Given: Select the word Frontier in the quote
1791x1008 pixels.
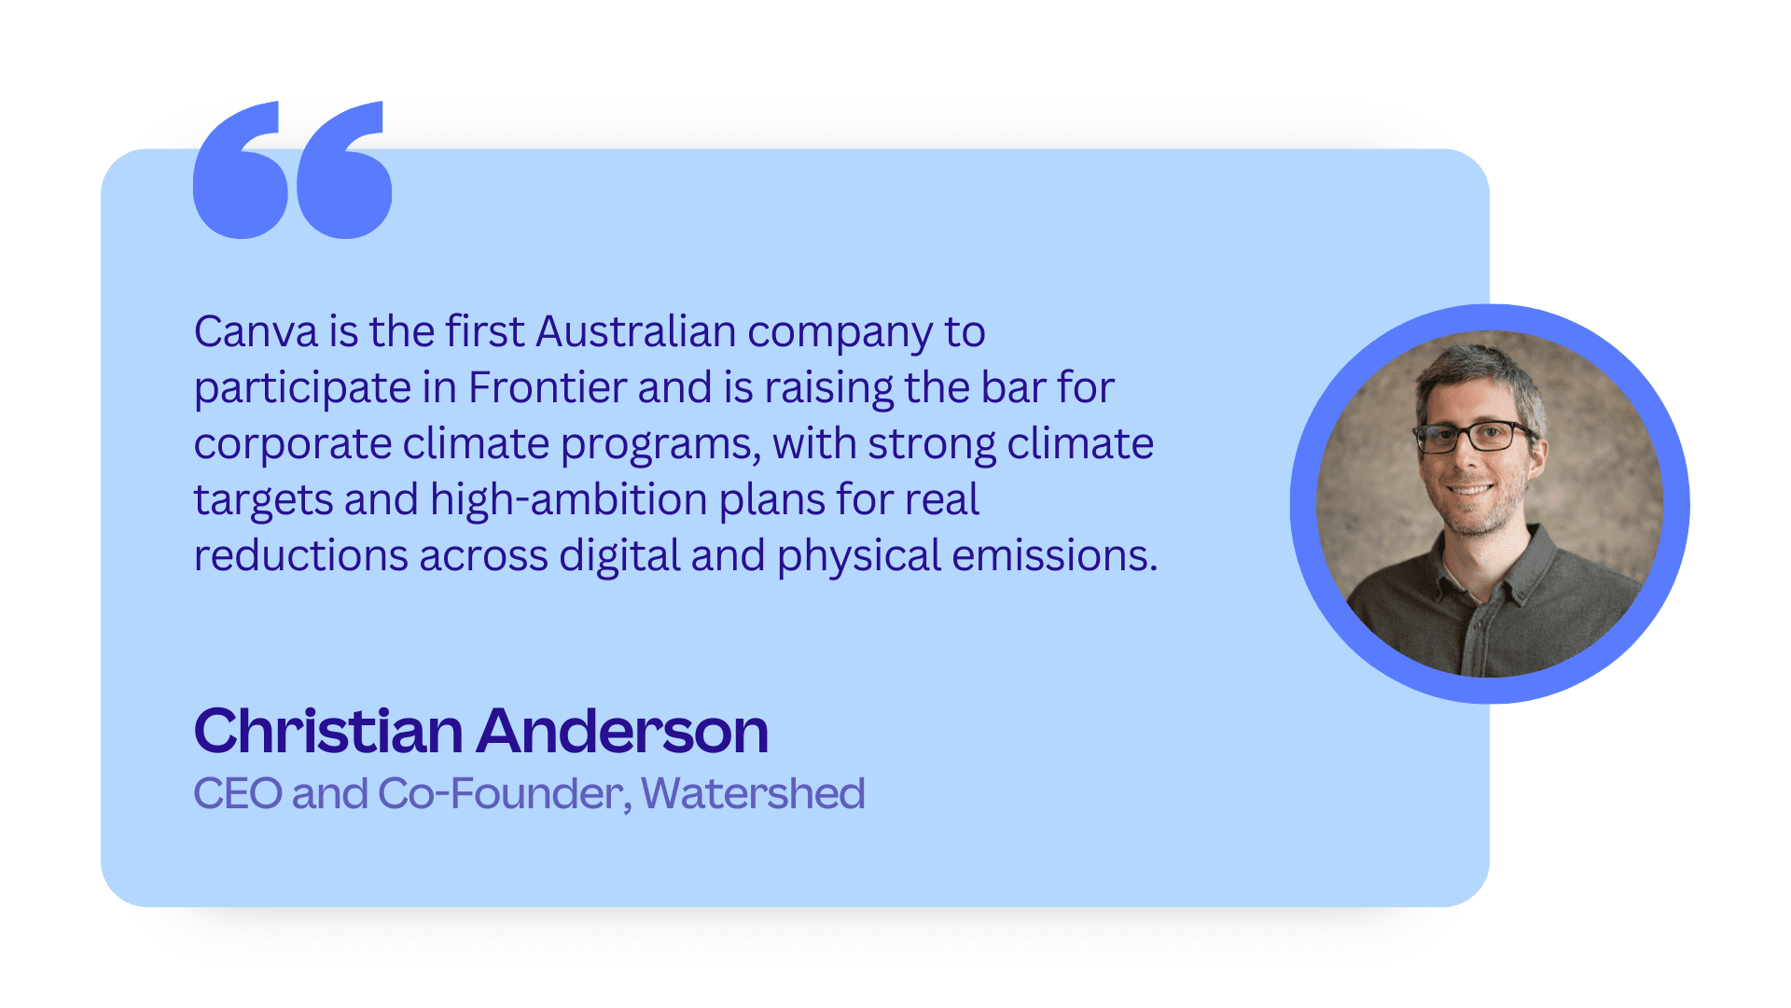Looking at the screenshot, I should (x=548, y=388).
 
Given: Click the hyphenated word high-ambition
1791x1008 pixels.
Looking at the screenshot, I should (x=569, y=500).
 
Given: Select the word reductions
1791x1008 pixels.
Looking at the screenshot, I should (x=300, y=556).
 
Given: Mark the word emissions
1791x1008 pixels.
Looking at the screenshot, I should (x=1054, y=556).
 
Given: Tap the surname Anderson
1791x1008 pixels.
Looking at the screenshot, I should (x=623, y=731).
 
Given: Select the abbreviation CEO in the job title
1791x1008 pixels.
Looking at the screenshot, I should (x=238, y=794).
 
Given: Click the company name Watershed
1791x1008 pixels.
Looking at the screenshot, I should (x=753, y=794).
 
